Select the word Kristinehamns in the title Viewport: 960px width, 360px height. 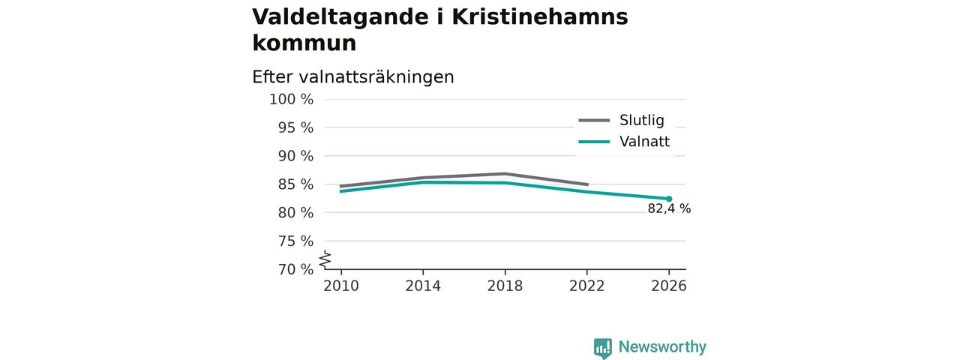(540, 16)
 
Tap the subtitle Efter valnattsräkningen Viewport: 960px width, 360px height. (352, 77)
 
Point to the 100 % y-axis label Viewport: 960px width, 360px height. (291, 100)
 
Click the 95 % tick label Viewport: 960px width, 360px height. (295, 127)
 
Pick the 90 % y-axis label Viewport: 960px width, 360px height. (295, 156)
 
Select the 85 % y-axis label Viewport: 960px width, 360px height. (295, 184)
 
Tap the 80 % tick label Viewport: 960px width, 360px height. (295, 212)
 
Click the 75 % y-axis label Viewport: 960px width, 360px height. (295, 241)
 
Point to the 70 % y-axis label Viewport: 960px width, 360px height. (295, 269)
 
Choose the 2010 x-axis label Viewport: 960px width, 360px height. (341, 286)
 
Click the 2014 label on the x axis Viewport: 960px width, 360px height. (423, 286)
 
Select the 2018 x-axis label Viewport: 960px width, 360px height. (505, 286)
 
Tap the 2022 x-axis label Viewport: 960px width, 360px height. (586, 286)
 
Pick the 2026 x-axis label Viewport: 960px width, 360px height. (668, 286)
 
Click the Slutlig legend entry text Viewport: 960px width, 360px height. (641, 121)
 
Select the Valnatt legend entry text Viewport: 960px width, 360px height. (644, 142)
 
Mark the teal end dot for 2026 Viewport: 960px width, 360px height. (669, 199)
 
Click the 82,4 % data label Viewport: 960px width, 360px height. (669, 208)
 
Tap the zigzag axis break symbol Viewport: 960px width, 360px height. (325, 259)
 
